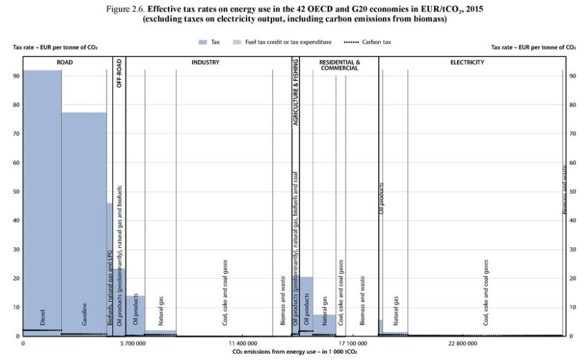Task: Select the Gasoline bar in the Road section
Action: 84,222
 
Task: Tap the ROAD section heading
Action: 65,63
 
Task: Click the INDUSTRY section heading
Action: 205,63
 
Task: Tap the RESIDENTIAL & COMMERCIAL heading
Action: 340,65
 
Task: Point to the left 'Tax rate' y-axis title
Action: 55,48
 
